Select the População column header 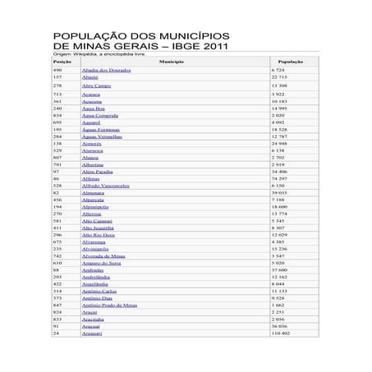point(292,62)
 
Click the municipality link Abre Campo point(96,85)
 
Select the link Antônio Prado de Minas point(109,305)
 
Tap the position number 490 point(57,70)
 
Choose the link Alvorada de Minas point(103,256)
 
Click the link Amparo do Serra point(101,263)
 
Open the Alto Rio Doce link point(99,235)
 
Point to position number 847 point(57,305)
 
